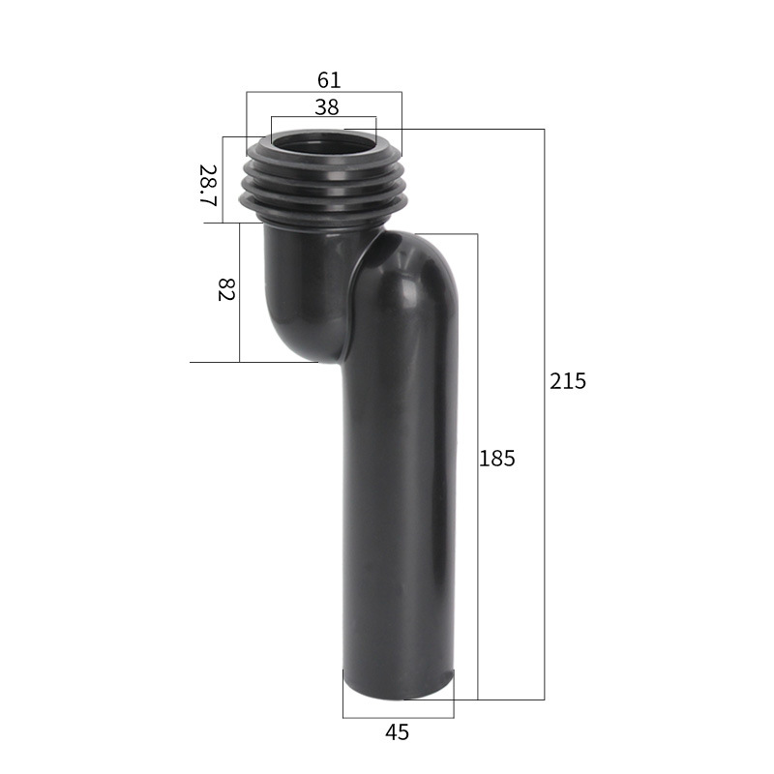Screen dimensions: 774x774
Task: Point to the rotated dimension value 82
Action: point(226,289)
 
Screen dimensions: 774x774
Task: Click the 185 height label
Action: point(497,459)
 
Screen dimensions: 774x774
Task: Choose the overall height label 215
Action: point(568,381)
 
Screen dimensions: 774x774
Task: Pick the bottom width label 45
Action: point(397,732)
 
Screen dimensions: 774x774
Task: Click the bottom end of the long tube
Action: point(398,685)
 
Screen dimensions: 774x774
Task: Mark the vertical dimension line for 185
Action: point(477,580)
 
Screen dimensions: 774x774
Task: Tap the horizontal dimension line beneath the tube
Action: point(398,718)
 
